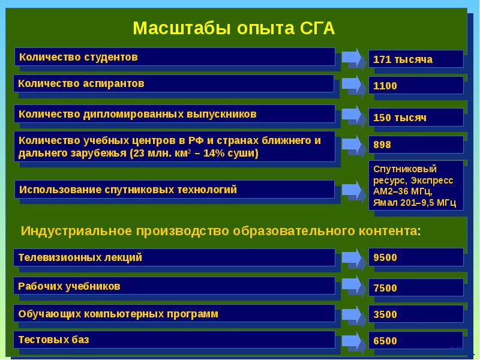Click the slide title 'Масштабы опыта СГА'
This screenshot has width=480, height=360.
click(233, 28)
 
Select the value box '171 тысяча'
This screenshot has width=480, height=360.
click(415, 59)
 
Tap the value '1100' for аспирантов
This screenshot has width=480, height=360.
click(415, 86)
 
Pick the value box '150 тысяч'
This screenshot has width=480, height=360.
click(415, 118)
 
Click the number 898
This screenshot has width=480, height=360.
click(415, 145)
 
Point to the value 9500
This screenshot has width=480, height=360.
click(415, 257)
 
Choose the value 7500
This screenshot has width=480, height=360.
click(415, 288)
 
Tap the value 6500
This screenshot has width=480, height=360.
click(415, 341)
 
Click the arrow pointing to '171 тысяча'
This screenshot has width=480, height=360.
click(352, 59)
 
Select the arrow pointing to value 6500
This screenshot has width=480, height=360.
click(352, 340)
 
